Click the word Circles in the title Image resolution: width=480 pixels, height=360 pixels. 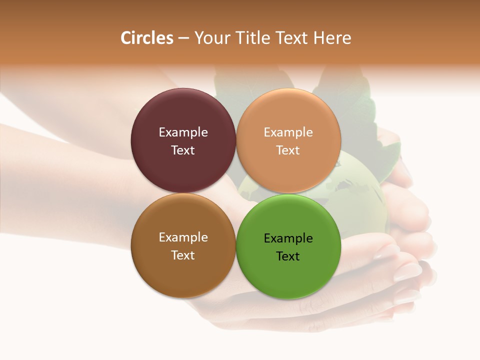click(x=147, y=38)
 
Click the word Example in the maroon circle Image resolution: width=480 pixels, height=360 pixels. click(x=183, y=132)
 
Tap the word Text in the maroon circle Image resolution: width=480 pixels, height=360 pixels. click(x=183, y=150)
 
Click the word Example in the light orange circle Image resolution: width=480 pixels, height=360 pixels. click(x=288, y=132)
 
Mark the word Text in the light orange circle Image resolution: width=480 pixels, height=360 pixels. click(x=288, y=150)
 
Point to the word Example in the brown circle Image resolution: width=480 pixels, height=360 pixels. click(x=183, y=237)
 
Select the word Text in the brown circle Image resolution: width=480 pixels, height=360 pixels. click(x=183, y=255)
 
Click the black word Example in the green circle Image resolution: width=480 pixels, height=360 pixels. click(x=288, y=238)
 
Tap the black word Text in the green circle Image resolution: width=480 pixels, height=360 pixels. click(x=288, y=256)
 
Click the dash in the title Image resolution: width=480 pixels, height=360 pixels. click(x=183, y=38)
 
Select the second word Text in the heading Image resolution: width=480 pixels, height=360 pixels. click(x=290, y=38)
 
